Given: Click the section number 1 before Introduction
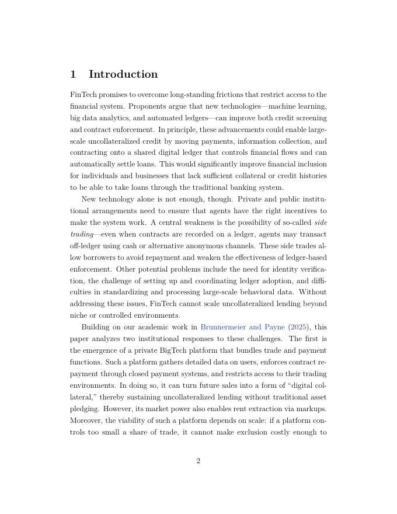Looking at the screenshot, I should coord(73,74).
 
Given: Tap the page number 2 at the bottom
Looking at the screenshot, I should coord(198,461).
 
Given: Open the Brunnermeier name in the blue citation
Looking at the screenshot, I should coord(223,327).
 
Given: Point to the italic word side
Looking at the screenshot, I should coord(321,223).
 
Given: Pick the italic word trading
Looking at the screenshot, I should coord(82,234).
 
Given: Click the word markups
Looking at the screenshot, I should coord(311,409).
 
